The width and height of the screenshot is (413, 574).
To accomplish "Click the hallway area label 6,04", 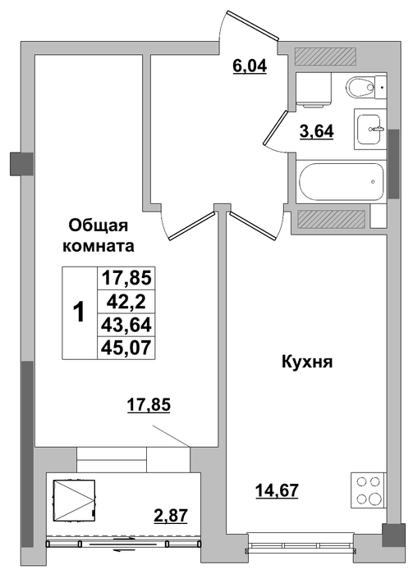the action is coord(250,66).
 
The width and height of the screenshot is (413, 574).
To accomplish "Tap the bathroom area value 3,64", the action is coord(317,131).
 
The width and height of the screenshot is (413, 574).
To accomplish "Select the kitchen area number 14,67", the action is coord(277,490).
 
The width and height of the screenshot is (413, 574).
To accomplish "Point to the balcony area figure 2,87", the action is coord(171,516).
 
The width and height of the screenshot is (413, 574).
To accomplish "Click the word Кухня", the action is coord(307,362).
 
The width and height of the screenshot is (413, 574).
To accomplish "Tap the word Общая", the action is coord(99,225).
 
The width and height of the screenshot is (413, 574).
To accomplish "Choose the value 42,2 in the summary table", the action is coord(126,302).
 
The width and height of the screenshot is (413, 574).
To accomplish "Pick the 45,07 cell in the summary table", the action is coord(126,347).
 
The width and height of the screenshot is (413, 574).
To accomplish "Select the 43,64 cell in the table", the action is coord(126,325).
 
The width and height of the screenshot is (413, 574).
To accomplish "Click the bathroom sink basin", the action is coord(370,129).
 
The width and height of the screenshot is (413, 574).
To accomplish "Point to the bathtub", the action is coord(342,181).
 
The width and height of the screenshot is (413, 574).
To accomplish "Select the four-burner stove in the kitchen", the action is coord(369,490).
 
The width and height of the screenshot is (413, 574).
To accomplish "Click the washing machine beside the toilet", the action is coord(314,89).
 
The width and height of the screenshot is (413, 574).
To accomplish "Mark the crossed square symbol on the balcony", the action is coord(75,500).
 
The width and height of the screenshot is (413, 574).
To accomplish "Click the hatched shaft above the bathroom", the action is coord(325,57).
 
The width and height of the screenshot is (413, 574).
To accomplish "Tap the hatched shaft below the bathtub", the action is coord(331,219).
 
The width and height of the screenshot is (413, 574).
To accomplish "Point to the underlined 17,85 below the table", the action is coord(149,405).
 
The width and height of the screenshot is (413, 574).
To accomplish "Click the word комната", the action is coord(99,246).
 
